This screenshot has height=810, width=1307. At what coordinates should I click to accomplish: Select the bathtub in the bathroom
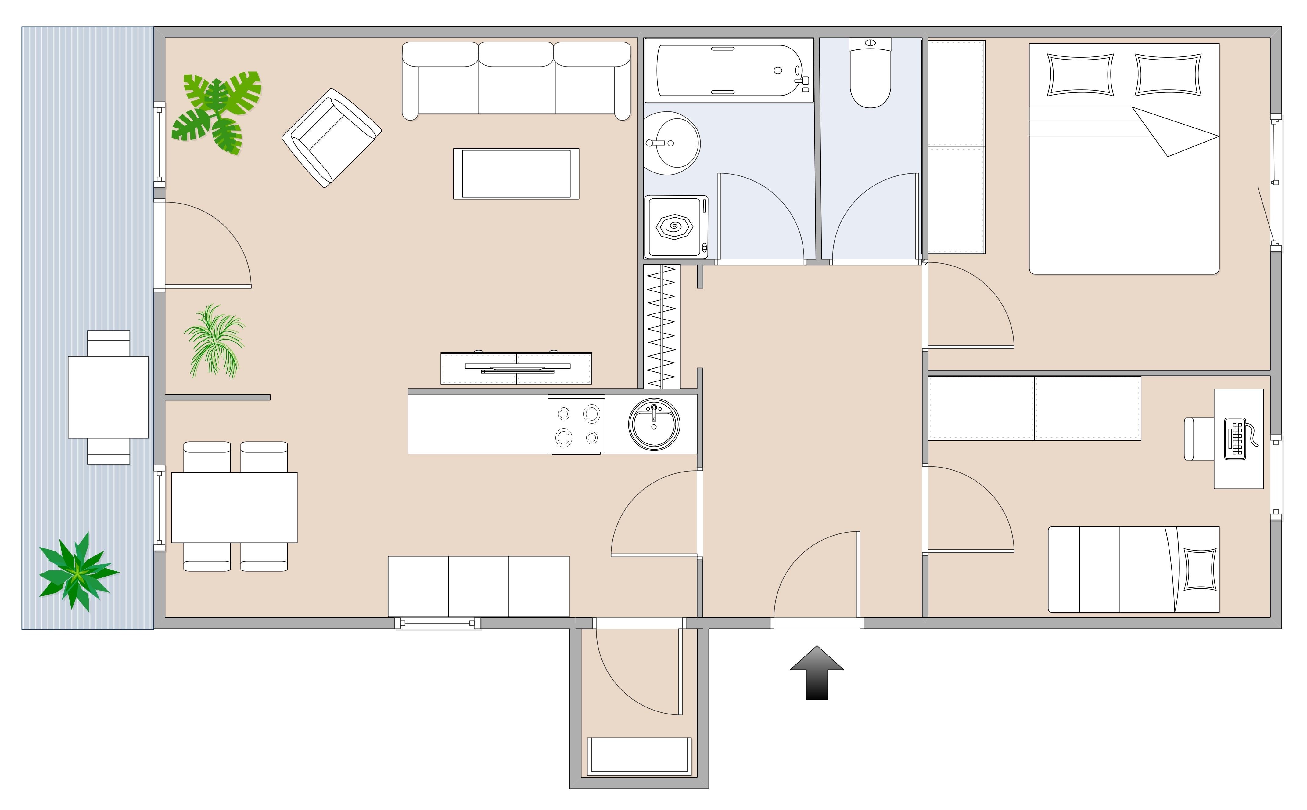[728, 70]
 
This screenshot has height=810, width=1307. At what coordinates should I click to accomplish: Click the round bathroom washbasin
[672, 143]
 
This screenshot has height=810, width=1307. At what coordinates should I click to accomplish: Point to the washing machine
[676, 226]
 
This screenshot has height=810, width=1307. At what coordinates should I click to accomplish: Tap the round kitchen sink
[654, 424]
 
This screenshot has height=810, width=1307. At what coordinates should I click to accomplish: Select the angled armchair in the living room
[332, 138]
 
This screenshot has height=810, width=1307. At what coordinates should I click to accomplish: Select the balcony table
[108, 397]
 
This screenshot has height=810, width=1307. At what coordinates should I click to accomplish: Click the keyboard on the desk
[1237, 439]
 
